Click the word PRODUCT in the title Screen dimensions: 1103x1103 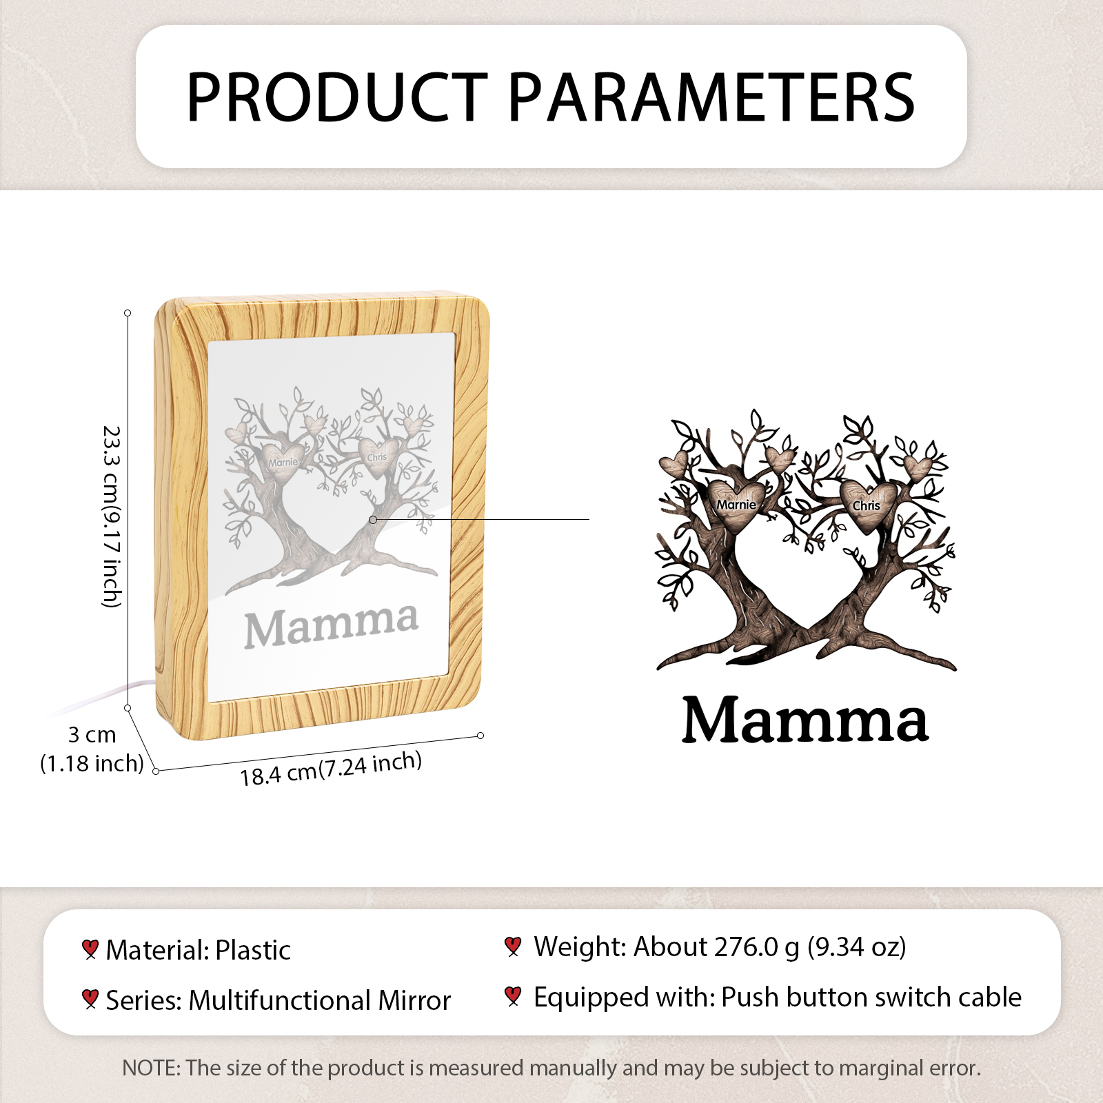coord(337,97)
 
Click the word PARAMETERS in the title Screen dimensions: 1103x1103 coord(711,97)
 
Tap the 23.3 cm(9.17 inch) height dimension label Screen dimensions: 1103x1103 coord(112,516)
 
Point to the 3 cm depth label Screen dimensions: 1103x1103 coord(92,735)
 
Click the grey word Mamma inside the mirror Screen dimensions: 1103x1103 coord(331,626)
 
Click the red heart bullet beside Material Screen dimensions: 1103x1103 coord(90,949)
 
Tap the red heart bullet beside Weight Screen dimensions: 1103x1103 coord(512,947)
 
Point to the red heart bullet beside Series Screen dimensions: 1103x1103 coord(90,999)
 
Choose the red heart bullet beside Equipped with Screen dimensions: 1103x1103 coord(512,996)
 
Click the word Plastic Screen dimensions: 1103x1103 coord(253,950)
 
